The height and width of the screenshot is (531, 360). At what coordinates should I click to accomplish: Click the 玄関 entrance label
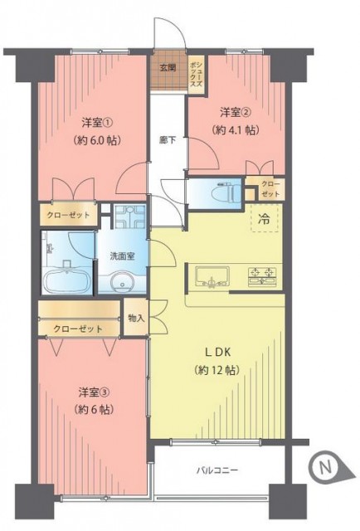(168, 68)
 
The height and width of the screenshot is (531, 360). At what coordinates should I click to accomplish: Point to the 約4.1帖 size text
(236, 129)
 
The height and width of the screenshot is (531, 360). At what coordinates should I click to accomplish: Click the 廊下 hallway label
(168, 140)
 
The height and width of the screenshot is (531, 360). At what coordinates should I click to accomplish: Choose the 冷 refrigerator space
(265, 218)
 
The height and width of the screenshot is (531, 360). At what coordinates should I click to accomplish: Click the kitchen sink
(211, 276)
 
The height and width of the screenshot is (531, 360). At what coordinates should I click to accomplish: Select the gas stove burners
(262, 276)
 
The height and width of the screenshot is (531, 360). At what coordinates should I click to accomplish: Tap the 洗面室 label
(122, 256)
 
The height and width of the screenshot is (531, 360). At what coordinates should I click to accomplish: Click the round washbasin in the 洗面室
(122, 282)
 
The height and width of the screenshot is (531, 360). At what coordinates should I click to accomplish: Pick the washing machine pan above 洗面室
(130, 217)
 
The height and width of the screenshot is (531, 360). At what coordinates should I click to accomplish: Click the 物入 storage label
(136, 318)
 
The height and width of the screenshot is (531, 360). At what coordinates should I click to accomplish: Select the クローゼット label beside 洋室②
(271, 189)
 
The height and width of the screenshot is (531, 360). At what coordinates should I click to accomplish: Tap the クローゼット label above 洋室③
(78, 329)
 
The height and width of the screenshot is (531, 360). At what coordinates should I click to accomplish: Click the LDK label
(218, 352)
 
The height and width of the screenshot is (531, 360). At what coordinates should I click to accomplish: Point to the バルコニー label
(217, 470)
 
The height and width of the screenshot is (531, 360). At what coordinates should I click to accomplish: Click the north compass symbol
(327, 467)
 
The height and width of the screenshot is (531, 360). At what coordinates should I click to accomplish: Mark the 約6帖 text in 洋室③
(95, 410)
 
